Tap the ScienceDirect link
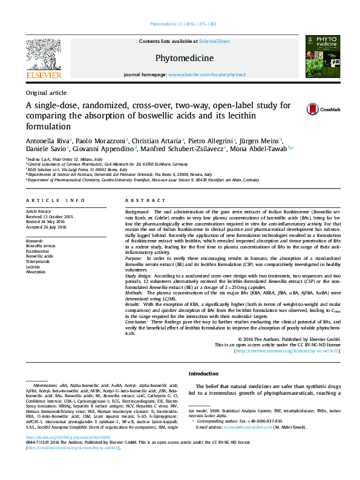tap(214, 41)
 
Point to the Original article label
tap(46, 92)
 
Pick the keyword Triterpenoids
tap(38, 261)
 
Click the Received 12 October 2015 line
tap(49, 216)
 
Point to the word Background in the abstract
tap(137, 212)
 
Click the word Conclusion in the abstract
tap(137, 323)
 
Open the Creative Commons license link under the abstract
tap(287, 350)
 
